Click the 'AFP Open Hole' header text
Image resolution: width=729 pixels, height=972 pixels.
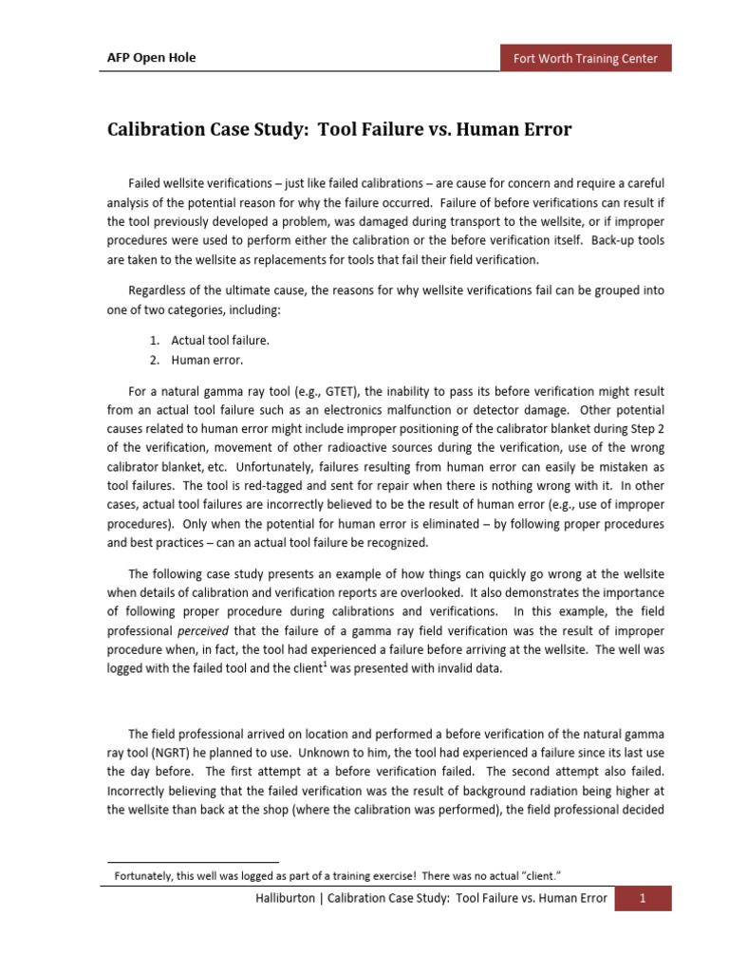click(150, 59)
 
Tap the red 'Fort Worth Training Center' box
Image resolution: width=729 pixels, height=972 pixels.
click(586, 59)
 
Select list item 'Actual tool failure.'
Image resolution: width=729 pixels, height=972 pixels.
click(219, 341)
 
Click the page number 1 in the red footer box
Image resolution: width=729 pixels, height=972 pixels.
click(643, 899)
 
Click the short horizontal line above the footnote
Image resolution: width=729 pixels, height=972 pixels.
click(190, 862)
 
